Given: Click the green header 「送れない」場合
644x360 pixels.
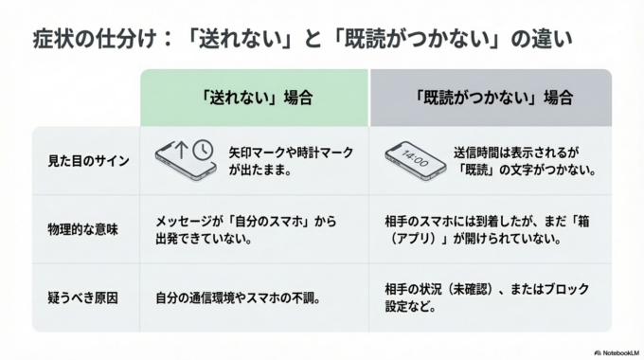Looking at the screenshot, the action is pyautogui.click(x=256, y=98).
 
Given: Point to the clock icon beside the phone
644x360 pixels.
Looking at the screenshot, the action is pyautogui.click(x=202, y=150).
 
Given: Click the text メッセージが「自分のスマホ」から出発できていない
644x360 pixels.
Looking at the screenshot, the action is pyautogui.click(x=244, y=229).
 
